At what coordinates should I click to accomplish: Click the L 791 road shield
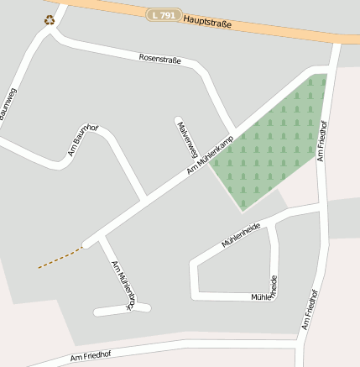coord(164,14)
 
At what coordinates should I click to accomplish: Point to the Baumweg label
coord(9,104)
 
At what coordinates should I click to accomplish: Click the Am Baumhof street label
coord(83,141)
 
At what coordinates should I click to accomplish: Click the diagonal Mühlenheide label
coord(241,234)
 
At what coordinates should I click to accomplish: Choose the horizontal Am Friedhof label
coord(91,355)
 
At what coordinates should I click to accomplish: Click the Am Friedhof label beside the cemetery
coord(323,139)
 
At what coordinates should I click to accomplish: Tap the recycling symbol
coord(50,19)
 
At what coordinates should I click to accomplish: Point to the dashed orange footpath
coord(60,258)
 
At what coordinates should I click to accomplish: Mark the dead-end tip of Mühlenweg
coord(178,120)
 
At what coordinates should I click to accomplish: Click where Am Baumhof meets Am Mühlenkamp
coord(145,198)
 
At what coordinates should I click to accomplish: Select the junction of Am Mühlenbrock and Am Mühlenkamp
coord(99,241)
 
